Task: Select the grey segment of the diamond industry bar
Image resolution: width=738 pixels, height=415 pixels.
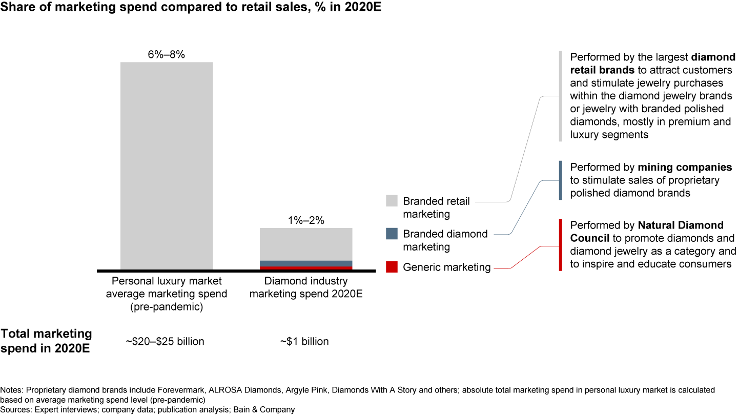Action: [306, 244]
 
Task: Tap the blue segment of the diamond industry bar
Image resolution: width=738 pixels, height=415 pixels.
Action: [306, 263]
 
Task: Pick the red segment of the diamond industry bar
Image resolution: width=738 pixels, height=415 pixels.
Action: [306, 268]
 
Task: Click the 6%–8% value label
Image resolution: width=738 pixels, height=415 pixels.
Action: [167, 54]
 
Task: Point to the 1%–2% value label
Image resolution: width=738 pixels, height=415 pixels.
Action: [306, 221]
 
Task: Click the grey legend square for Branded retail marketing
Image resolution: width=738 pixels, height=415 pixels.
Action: [392, 201]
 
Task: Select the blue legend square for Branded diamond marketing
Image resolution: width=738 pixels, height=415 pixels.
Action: [392, 234]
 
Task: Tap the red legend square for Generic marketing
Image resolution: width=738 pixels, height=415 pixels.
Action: [392, 267]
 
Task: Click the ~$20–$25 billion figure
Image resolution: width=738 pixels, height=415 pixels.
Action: [165, 341]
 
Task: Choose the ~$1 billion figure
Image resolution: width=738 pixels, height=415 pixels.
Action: [304, 341]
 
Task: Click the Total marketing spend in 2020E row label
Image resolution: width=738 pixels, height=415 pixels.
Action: [46, 340]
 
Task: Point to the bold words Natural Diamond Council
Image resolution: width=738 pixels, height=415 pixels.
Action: [647, 232]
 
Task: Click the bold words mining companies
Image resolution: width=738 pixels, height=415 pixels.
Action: [685, 168]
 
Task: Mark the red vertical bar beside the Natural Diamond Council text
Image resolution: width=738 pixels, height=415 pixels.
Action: [561, 244]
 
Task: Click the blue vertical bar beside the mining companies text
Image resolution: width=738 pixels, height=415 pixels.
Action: [561, 180]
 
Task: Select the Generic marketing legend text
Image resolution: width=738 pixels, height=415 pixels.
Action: [447, 267]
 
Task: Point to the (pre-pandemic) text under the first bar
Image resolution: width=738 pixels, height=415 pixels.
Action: [167, 307]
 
